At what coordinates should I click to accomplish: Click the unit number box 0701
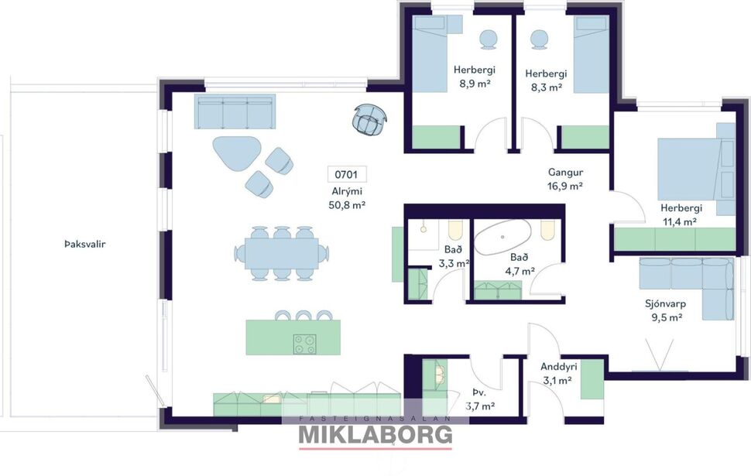[347, 174]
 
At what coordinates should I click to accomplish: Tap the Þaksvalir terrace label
[84, 244]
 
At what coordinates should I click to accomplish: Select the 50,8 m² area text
[347, 205]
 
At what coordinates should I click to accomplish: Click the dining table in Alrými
[281, 252]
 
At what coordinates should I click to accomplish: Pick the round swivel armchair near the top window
[369, 120]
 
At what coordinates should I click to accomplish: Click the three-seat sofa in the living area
[235, 113]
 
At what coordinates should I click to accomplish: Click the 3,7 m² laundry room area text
[480, 405]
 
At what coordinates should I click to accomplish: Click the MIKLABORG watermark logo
[375, 434]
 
